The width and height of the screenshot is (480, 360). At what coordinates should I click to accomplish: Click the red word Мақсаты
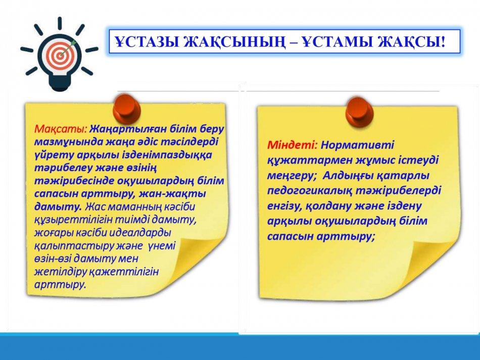tap(61, 129)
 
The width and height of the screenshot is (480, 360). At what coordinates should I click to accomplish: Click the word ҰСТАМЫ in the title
tap(337, 42)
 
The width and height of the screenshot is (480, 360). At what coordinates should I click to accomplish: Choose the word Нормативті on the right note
tap(357, 145)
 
